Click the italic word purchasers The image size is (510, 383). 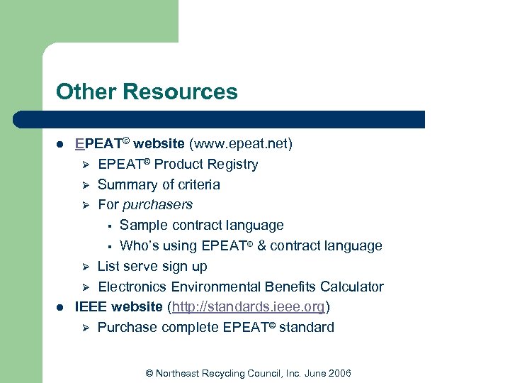click(157, 205)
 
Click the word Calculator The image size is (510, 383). click(351, 287)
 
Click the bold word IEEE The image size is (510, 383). click(91, 307)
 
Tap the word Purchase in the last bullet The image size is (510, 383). click(127, 328)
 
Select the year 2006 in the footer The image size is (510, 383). click(339, 373)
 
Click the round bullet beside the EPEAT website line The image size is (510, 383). click(61, 145)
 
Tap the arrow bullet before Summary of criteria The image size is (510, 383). click(84, 185)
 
